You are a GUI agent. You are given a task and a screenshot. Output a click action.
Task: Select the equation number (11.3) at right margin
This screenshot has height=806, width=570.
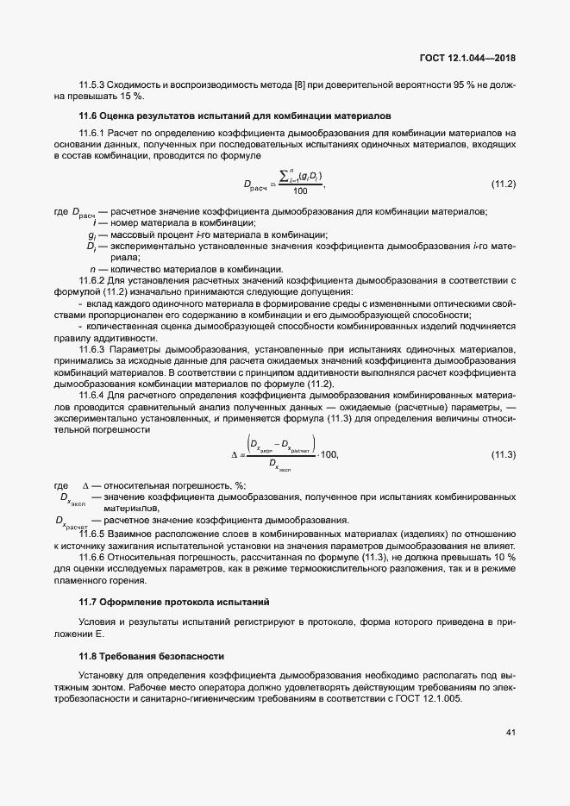503,453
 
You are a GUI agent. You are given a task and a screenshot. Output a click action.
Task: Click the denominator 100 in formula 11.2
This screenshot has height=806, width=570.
300,191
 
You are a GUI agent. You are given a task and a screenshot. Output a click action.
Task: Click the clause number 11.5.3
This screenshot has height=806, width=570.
91,85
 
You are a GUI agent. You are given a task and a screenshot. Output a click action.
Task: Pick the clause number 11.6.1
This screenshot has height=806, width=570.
91,133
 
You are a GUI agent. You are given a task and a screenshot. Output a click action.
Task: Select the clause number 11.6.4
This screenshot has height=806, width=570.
91,394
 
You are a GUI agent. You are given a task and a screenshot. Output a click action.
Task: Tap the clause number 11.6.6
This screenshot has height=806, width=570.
91,558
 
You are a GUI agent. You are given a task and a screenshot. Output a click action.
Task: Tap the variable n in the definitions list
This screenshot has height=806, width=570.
92,269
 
